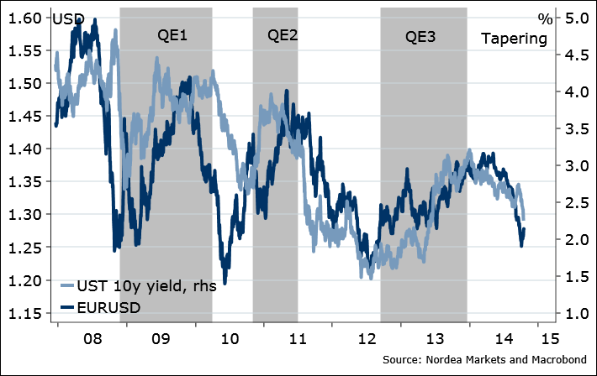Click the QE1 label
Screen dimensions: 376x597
coord(172,36)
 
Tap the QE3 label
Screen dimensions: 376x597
coord(421,36)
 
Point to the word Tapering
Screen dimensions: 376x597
coord(513,39)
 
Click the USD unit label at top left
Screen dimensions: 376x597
coord(68,18)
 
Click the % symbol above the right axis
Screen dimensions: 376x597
coord(545,18)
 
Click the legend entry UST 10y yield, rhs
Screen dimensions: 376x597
coord(145,286)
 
